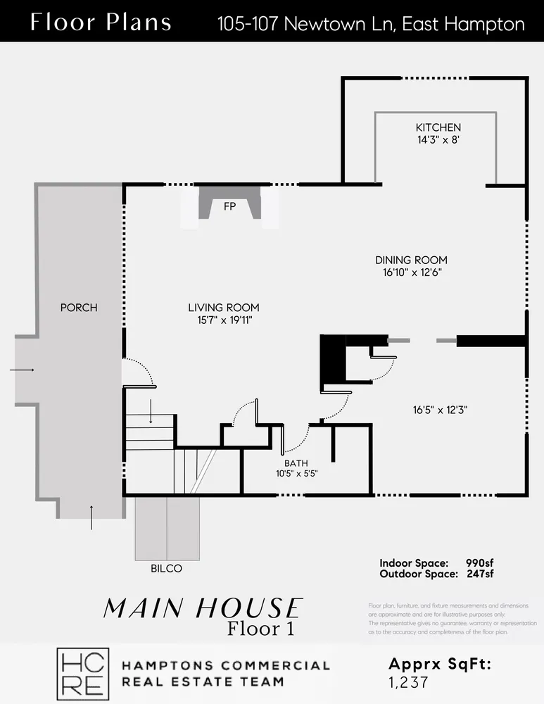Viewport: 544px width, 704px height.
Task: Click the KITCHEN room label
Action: [x=438, y=127]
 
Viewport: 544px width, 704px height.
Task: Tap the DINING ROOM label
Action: [x=411, y=260]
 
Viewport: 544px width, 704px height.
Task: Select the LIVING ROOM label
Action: [x=224, y=308]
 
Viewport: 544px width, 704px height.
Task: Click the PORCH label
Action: [x=79, y=308]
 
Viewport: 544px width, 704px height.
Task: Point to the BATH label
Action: [x=296, y=463]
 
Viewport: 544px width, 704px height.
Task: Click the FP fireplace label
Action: [x=229, y=206]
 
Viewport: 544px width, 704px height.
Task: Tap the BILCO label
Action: [x=166, y=569]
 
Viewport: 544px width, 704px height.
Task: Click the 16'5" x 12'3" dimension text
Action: [x=441, y=409]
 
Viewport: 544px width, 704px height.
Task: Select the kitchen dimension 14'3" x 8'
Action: [x=438, y=139]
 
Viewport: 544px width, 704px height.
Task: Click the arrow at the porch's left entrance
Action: [x=22, y=369]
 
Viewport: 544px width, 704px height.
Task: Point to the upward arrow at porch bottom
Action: [x=91, y=517]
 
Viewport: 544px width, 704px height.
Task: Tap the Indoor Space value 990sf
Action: [x=479, y=563]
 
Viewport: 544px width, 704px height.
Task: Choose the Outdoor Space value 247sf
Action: [x=479, y=574]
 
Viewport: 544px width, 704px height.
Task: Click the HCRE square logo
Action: [x=82, y=673]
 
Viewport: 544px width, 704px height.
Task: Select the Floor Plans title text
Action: [x=101, y=23]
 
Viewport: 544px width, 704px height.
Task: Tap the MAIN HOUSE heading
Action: [x=203, y=608]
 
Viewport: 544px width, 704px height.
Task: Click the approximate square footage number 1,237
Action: [x=409, y=681]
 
